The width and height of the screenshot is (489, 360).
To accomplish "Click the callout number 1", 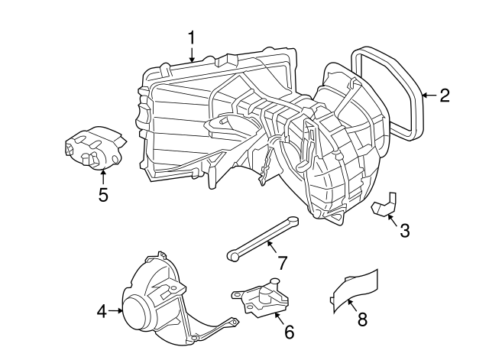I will pos(192,37).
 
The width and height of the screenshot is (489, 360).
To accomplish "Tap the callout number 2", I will pos(443,96).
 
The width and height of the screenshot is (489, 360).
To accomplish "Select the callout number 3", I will pos(405,229).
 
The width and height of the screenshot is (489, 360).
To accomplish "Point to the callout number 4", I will pos(101,310).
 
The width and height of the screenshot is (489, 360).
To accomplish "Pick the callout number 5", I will pos(103,194).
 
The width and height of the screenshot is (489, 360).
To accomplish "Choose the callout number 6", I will pos(288,332).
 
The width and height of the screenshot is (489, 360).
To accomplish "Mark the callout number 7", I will pos(282,263).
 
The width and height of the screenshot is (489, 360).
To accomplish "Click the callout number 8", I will pos(362,320).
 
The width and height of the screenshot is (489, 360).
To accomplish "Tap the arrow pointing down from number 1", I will pos(192,54).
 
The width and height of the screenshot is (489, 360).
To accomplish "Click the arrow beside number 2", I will pos(428,96).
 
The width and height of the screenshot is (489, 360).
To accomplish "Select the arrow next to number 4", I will pos(116,310).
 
